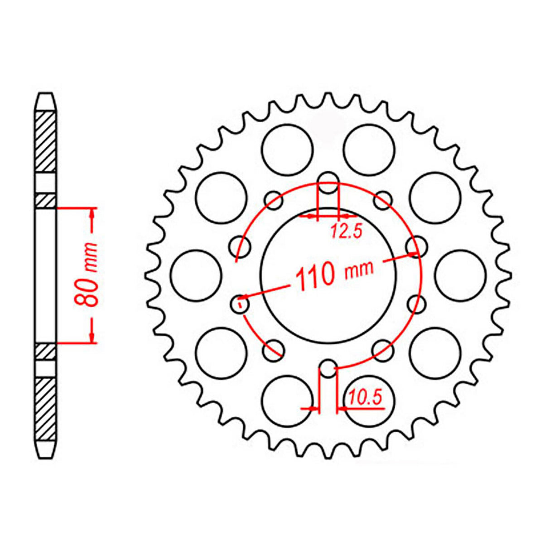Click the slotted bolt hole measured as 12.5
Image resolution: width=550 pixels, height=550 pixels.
[x=328, y=185]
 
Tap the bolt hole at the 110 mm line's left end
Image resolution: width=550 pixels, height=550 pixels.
[x=240, y=304]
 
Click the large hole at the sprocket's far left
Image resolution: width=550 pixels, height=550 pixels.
[x=197, y=275]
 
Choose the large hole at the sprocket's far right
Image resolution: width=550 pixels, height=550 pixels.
[x=460, y=275]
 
